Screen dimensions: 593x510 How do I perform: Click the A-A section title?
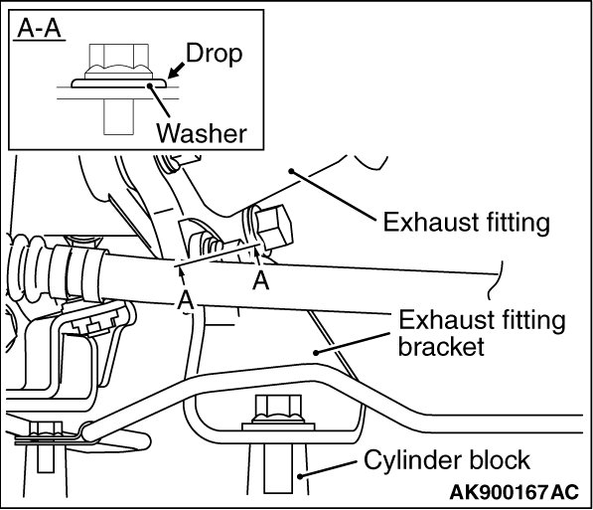40,28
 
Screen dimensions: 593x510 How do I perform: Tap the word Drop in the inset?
214,55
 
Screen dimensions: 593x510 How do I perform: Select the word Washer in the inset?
202,133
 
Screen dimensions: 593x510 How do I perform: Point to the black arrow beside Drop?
176,71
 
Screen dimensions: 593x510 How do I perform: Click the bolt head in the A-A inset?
119,62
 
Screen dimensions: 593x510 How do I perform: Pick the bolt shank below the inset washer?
119,116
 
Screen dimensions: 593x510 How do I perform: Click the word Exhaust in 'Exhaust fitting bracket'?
438,320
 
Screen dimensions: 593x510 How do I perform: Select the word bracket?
441,347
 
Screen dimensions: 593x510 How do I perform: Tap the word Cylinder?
413,461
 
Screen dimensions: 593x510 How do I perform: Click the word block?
500,459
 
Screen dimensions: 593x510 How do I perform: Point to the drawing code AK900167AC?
515,492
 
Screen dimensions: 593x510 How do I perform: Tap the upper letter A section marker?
260,281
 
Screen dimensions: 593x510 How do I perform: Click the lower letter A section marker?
186,300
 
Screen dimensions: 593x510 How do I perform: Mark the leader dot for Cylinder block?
300,476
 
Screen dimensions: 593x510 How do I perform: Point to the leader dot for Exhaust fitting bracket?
316,353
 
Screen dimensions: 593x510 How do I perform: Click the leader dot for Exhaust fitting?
291,172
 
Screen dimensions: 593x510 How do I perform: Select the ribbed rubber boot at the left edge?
27,266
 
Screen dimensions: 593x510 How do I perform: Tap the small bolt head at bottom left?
46,428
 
